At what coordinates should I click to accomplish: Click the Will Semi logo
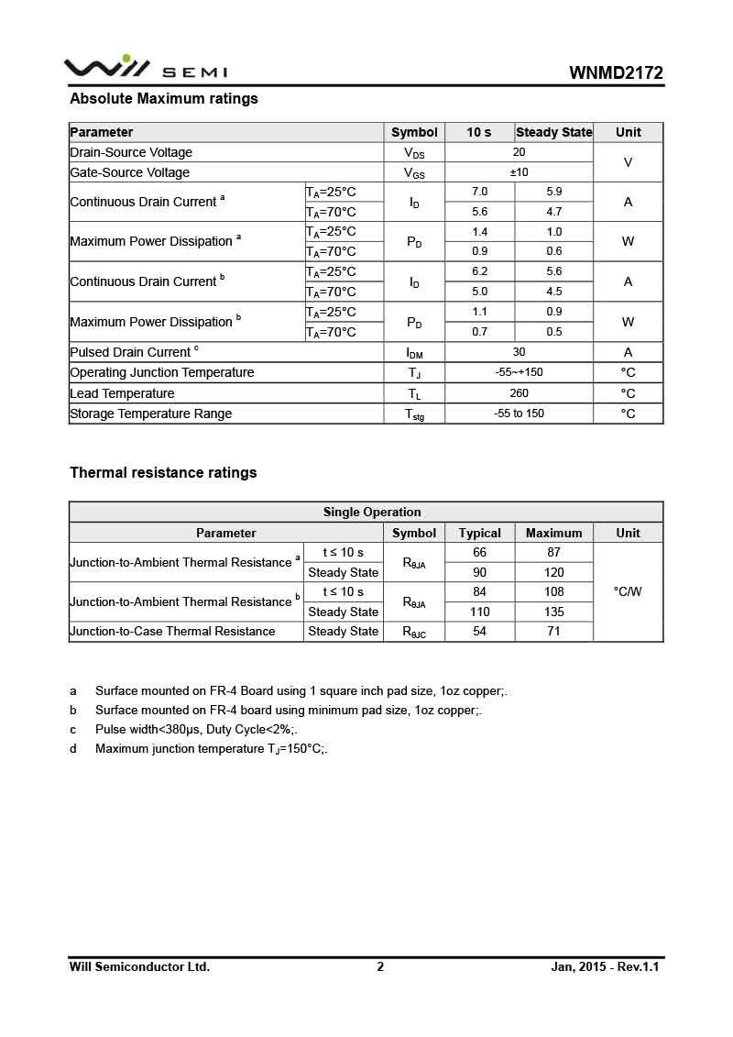click(145, 68)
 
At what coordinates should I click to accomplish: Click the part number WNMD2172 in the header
click(616, 73)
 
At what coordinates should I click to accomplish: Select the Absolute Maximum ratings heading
click(164, 99)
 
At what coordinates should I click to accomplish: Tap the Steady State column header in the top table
click(553, 132)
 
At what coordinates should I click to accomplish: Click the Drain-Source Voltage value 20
click(519, 152)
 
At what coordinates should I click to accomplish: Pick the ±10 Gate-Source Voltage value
click(519, 172)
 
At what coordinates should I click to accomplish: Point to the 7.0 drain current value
click(479, 192)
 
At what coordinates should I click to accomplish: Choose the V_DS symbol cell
click(414, 153)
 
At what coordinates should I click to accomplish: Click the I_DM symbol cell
click(414, 353)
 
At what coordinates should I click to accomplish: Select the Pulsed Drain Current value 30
click(519, 352)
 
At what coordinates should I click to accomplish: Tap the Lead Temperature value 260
click(519, 393)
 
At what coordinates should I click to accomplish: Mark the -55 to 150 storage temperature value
click(519, 414)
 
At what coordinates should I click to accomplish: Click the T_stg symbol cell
click(414, 414)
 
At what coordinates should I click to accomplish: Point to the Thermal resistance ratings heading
click(163, 473)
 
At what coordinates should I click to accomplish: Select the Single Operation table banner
click(372, 513)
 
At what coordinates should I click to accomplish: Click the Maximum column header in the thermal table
click(553, 533)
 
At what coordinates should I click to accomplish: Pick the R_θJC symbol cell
click(414, 632)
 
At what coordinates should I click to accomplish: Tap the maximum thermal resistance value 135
click(553, 612)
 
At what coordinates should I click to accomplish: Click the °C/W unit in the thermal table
click(628, 591)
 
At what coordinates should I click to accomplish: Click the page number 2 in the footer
click(380, 966)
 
